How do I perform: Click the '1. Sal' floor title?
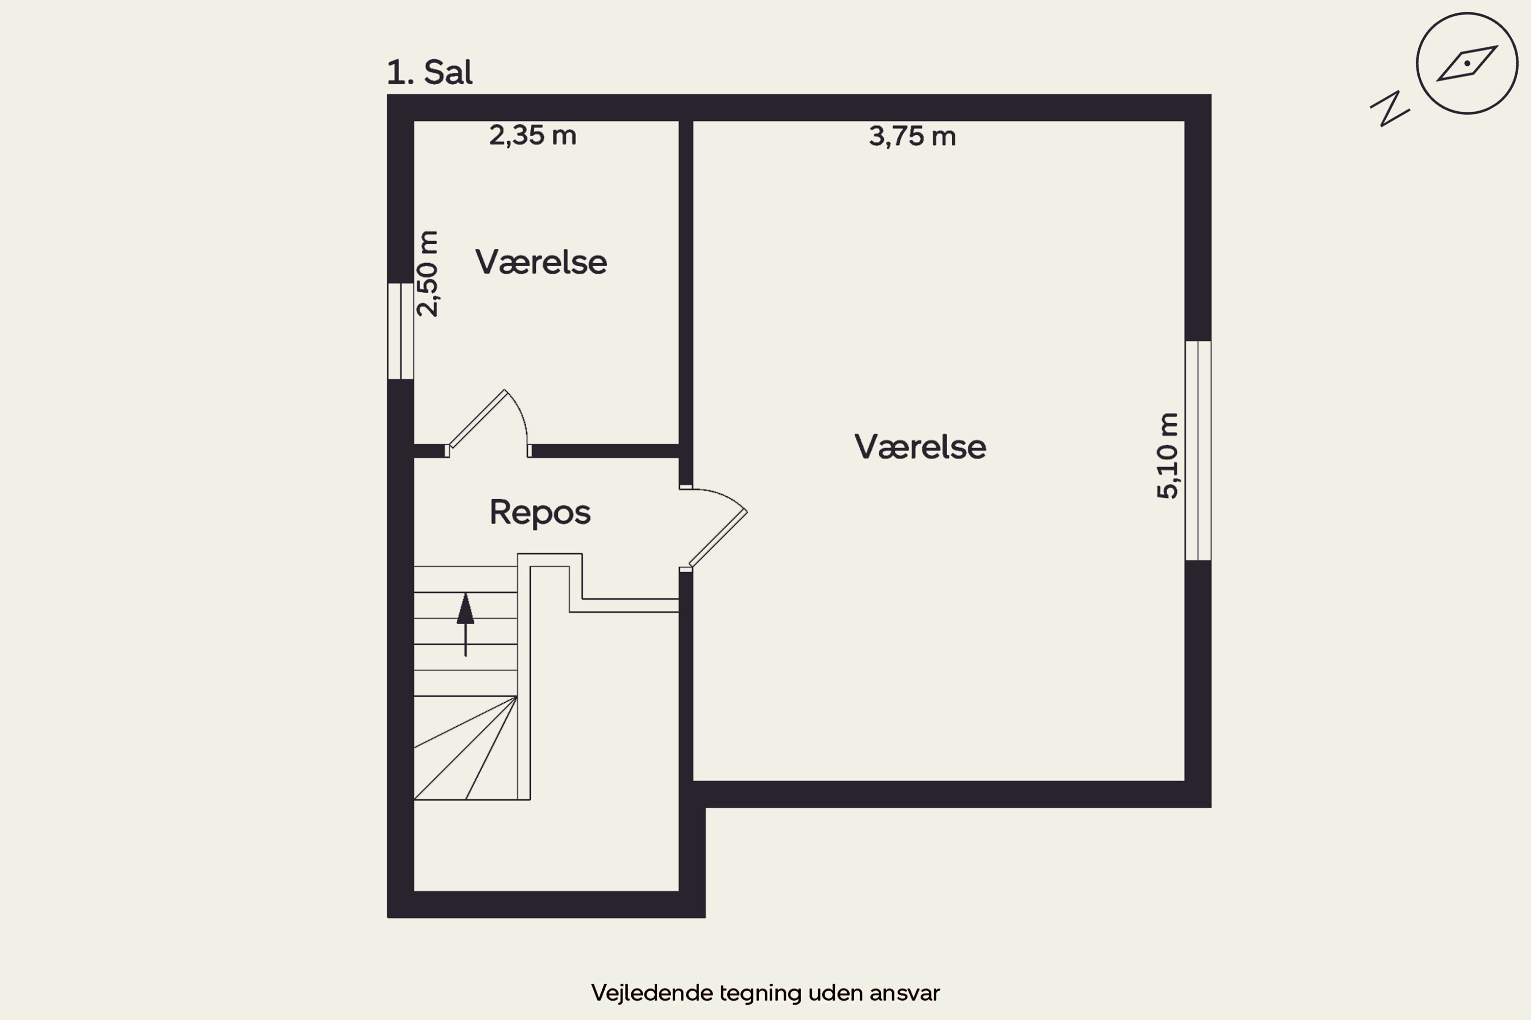coord(430,72)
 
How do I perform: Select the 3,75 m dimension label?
coord(912,137)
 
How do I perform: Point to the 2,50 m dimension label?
coord(428,273)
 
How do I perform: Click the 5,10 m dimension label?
coord(1167,455)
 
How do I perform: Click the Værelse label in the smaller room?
coord(541,262)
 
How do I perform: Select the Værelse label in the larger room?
coord(920,447)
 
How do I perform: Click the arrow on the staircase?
coord(465,624)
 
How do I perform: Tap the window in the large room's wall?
coord(1198,451)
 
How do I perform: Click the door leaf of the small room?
coord(477,419)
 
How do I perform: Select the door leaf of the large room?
coord(718,539)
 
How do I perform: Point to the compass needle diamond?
coord(1467,63)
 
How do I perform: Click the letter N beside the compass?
coord(1390,109)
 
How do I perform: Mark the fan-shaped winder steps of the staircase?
coord(465,748)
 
